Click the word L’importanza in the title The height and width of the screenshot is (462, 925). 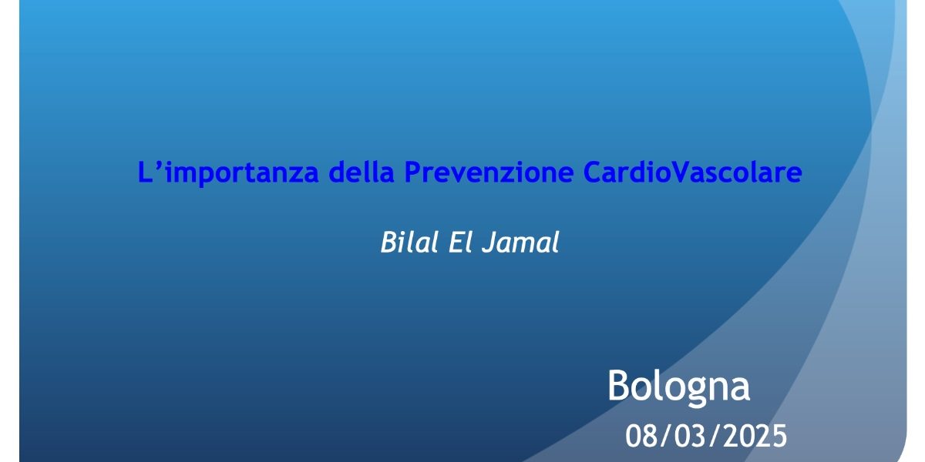tap(228, 172)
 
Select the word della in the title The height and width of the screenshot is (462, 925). tap(362, 172)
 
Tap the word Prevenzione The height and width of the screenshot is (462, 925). tap(489, 172)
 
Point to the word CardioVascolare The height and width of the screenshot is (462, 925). tap(692, 172)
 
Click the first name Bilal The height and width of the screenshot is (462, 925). tap(409, 242)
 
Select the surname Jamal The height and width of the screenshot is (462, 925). tap(520, 243)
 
